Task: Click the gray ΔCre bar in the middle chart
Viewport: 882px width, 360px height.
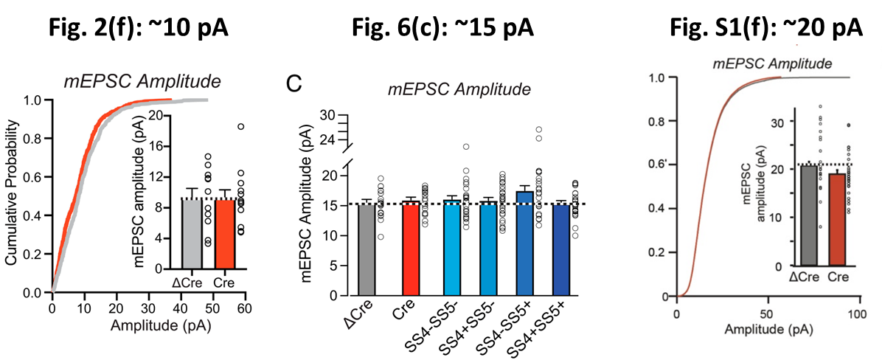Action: click(x=365, y=247)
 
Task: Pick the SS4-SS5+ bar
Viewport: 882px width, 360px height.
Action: click(x=524, y=243)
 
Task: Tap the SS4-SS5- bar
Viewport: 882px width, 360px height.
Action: click(x=452, y=247)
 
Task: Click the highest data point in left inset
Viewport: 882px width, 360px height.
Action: click(x=240, y=126)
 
